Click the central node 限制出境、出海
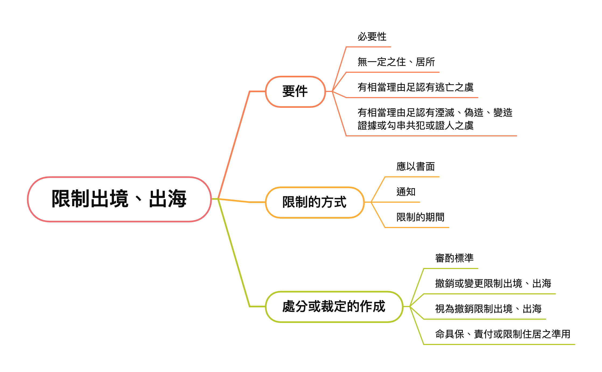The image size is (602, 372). tap(119, 199)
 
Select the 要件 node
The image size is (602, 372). tap(295, 91)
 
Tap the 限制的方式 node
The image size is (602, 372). tap(314, 202)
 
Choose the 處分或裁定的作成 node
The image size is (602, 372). tap(334, 306)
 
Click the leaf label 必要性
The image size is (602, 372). tap(372, 37)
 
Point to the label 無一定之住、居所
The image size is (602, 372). tap(396, 62)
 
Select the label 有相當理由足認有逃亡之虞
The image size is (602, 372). tap(415, 87)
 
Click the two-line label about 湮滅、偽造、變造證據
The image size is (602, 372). tap(435, 119)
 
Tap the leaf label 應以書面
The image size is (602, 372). tap(415, 167)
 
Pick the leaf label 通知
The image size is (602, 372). tap(406, 192)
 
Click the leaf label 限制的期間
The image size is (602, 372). tap(420, 217)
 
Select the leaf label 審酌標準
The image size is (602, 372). tap(454, 258)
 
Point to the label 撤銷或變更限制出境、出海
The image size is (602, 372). tap(493, 284)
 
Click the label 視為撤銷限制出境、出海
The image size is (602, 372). tap(488, 309)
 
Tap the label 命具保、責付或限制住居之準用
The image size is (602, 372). tap(503, 334)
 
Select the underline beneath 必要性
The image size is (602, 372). tap(369, 47)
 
